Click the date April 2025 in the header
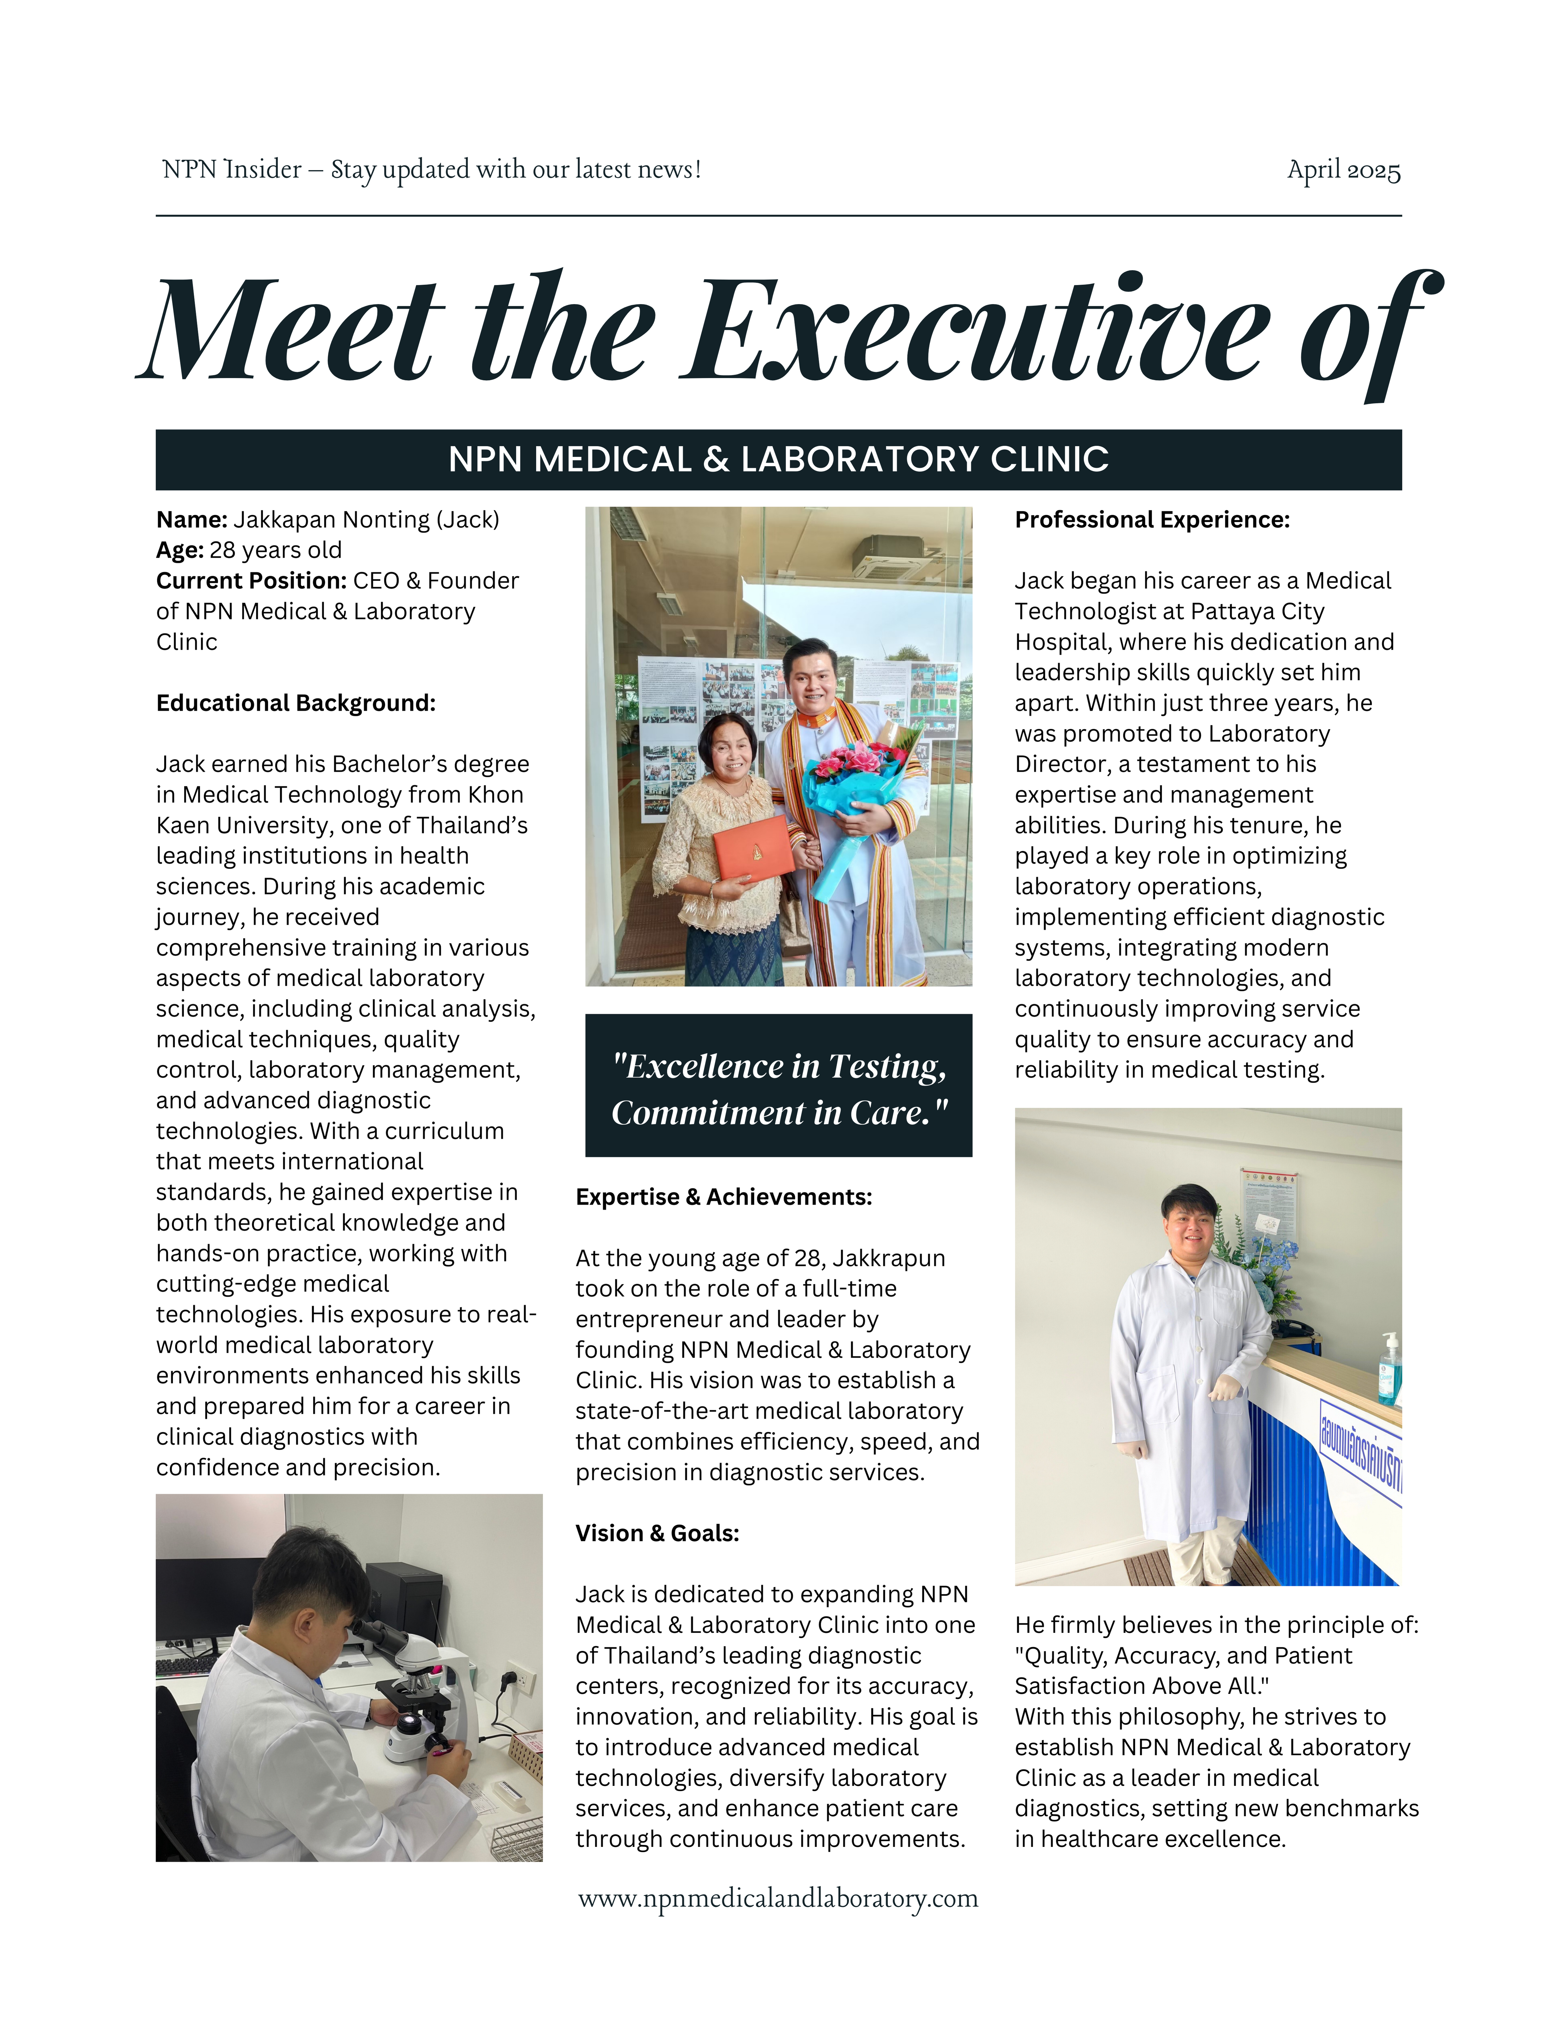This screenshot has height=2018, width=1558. click(x=1344, y=171)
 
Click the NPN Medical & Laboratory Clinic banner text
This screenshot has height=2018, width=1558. click(x=779, y=459)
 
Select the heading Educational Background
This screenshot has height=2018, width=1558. click(x=296, y=703)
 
